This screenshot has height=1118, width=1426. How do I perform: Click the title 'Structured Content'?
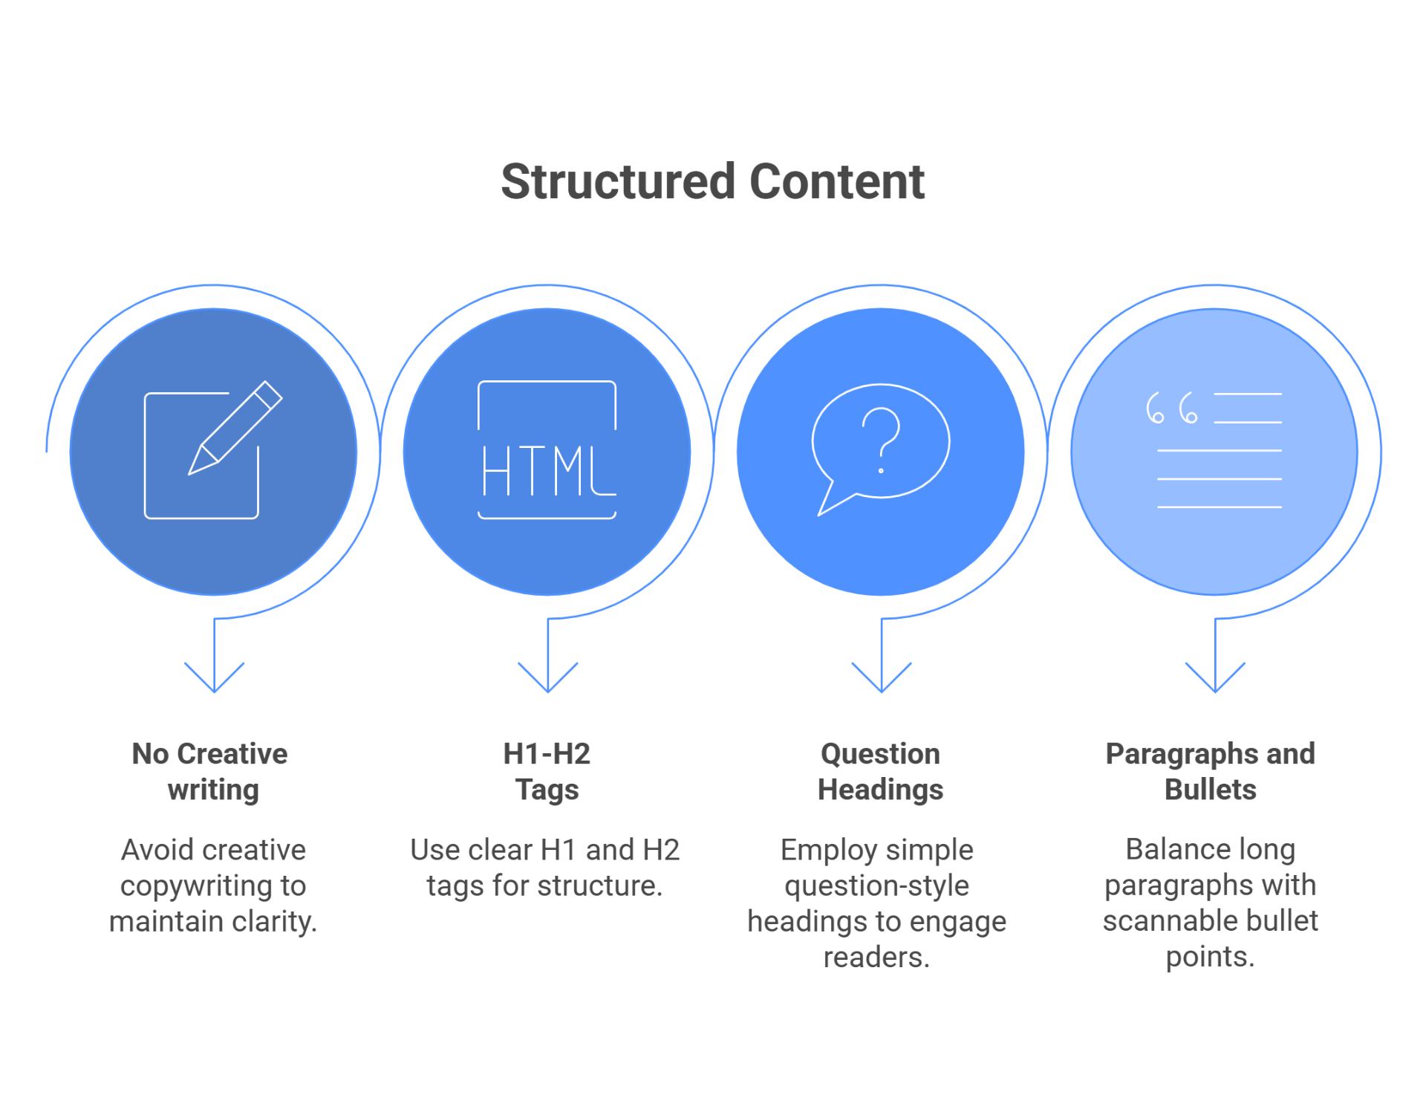coord(712,182)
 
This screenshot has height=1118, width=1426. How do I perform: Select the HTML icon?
coord(547,450)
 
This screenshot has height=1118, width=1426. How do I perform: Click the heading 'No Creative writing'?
coord(211,771)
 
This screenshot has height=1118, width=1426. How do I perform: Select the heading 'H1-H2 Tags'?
coord(547,771)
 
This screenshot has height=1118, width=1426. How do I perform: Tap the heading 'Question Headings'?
coord(880,771)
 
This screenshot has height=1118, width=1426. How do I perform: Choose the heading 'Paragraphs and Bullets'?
coord(1210,771)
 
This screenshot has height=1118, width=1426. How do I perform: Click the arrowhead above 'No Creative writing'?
coord(214,680)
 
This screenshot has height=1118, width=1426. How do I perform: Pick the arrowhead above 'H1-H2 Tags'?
coord(547,680)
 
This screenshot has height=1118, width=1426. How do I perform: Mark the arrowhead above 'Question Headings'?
coord(881,680)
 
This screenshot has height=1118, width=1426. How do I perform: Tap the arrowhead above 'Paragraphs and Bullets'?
coord(1215,680)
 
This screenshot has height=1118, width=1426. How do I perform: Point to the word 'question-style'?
coord(876,885)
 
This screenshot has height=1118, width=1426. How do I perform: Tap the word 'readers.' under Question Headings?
coord(876,957)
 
